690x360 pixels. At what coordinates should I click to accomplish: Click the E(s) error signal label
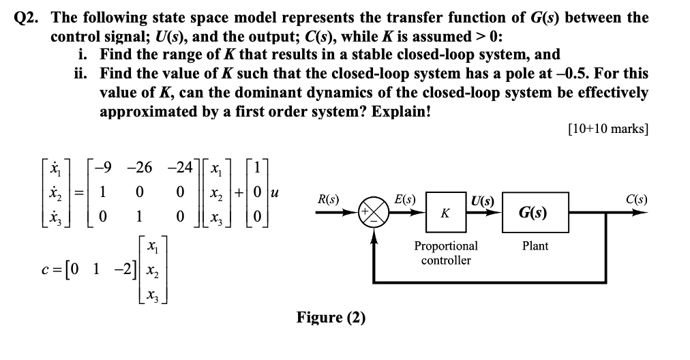point(406,200)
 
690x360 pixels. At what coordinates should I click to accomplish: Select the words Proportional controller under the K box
point(446,252)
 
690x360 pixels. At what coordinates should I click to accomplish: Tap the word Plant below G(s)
point(535,245)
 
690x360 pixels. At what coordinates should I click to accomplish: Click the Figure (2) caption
point(331,318)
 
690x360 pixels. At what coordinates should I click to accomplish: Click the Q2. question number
point(29,18)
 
